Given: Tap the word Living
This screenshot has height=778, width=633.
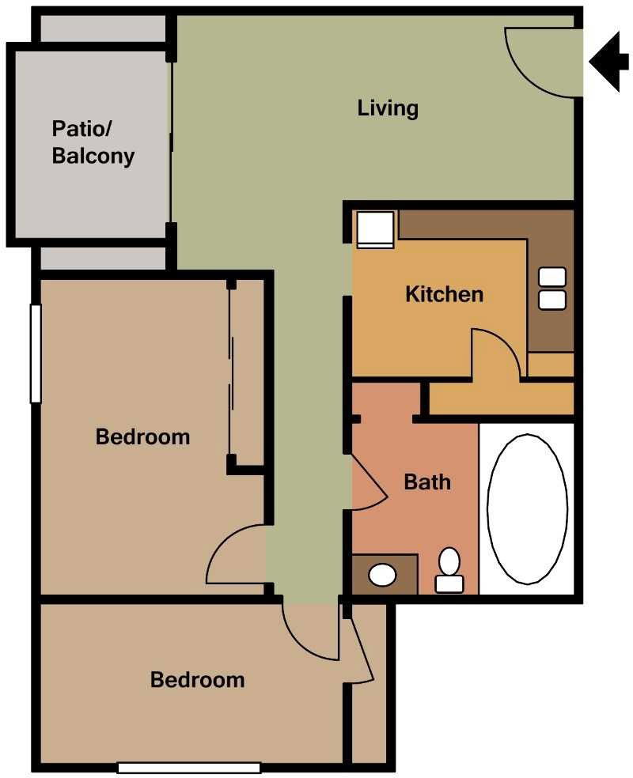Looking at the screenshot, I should (388, 108).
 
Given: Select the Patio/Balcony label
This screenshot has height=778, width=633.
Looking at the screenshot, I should (93, 142).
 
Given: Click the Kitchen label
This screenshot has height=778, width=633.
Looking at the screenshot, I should (444, 294).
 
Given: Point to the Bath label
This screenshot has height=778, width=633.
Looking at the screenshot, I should (427, 481).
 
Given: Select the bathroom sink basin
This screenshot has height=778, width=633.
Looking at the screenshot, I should (384, 575).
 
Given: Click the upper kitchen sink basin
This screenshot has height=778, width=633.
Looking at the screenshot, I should (552, 278).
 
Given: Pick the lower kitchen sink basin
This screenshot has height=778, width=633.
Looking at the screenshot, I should (552, 300).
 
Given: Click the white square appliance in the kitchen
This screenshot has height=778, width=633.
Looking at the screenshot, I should (374, 230).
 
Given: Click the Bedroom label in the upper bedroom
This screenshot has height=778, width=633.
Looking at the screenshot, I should (142, 436).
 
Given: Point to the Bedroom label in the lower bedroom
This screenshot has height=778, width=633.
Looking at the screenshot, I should (198, 680).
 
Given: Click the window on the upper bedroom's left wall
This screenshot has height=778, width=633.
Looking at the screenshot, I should (35, 353).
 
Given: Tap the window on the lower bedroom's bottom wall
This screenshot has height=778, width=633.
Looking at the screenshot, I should (189, 767).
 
